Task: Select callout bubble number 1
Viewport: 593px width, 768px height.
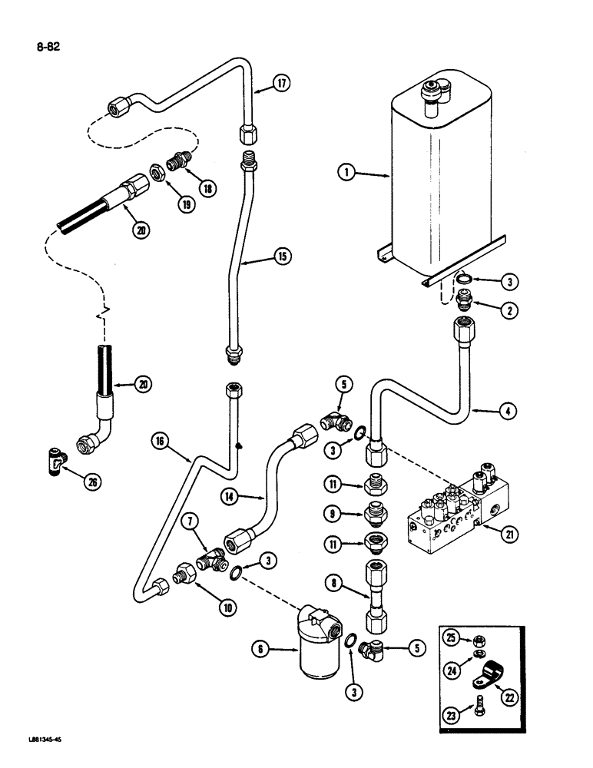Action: click(350, 174)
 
